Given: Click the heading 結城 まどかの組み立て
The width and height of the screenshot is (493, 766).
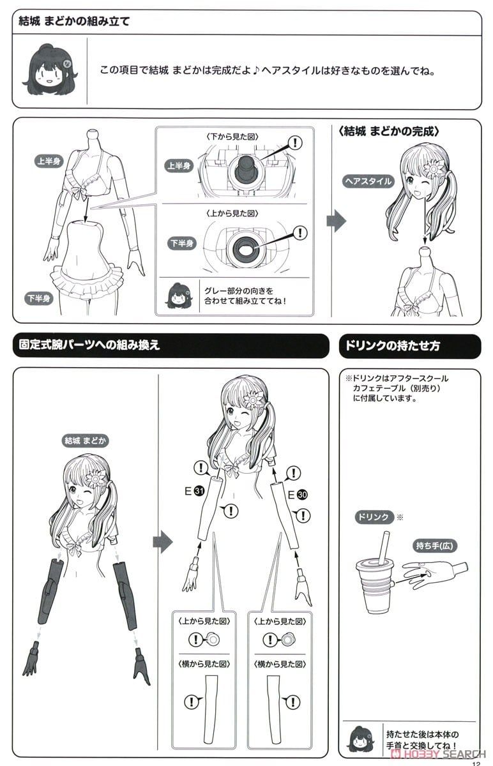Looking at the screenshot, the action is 74,22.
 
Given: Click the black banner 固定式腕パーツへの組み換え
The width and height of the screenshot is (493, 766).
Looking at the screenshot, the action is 171,345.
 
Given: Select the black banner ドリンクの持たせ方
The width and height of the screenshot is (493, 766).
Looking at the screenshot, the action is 410,346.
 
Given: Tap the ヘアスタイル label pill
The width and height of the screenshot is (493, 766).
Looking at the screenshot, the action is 368,181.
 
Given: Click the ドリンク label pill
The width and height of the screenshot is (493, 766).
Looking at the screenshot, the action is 373,516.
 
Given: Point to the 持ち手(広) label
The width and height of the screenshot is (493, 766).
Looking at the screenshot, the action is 434,545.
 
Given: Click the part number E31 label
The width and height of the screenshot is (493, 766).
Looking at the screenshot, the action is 194,491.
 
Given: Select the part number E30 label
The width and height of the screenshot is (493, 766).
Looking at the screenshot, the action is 298,495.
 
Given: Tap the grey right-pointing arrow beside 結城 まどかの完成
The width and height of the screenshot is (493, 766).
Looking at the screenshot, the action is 337,221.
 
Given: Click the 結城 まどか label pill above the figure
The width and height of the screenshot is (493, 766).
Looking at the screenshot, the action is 85,440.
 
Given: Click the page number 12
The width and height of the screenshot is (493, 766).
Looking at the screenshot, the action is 476,763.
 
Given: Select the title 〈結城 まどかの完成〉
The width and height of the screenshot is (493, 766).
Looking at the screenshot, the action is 389,131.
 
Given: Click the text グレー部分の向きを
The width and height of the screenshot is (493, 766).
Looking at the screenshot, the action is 239,291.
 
